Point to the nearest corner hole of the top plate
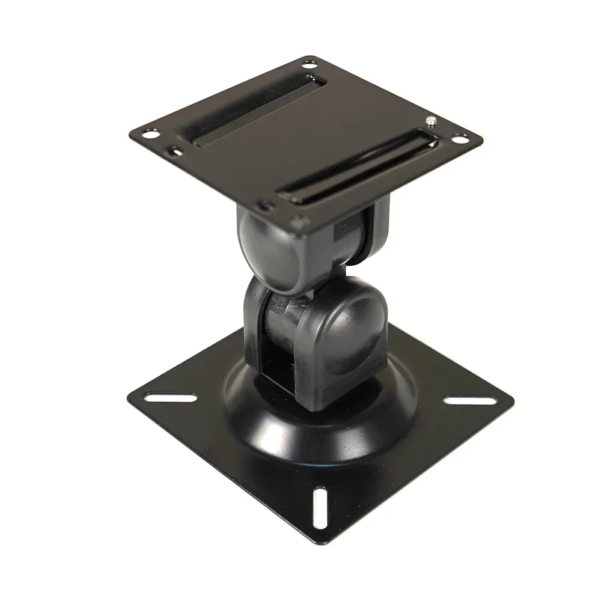[x=295, y=220]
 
